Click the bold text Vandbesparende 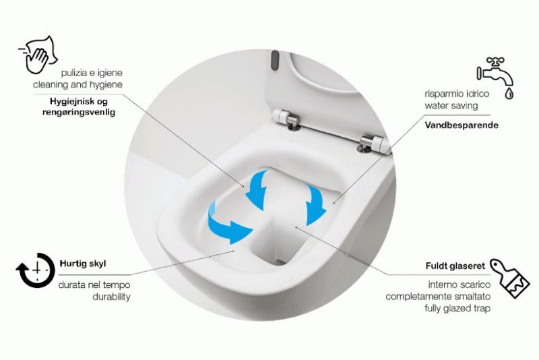pos(461,125)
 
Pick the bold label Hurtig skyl pos(83,264)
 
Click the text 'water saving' pos(451,105)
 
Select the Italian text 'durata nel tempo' pos(94,284)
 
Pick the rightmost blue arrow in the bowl pos(315,206)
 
